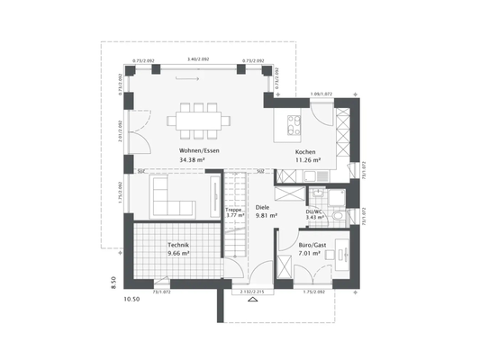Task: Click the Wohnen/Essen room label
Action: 199,150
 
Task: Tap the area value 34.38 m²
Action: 192,160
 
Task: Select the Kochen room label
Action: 305,153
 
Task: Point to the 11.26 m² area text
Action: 307,162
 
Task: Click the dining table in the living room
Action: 198,118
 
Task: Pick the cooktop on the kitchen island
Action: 293,122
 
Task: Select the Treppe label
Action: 233,209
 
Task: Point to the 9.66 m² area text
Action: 178,254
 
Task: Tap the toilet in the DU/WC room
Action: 338,216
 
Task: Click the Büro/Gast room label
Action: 311,244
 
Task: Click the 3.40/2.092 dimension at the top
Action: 198,58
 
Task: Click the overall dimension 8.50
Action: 113,282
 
